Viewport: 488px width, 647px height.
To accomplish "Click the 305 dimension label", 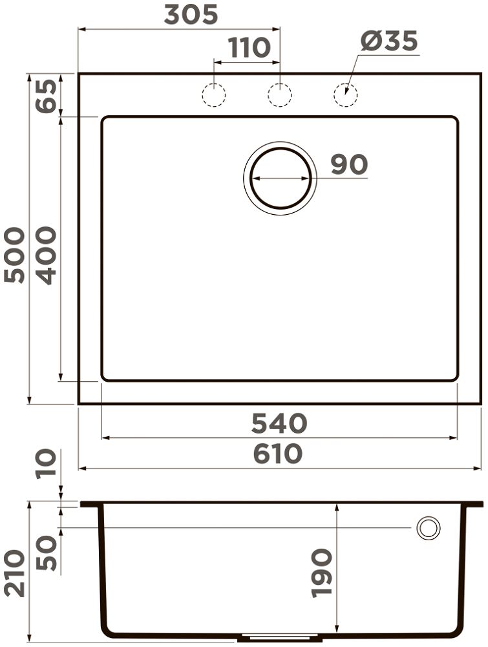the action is click(191, 16).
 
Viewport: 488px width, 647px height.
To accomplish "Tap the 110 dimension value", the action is click(249, 47).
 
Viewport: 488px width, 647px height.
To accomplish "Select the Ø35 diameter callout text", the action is click(389, 41).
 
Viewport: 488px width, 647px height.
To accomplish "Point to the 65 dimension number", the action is click(46, 96).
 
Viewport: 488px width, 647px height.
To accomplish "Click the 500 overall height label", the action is click(14, 255).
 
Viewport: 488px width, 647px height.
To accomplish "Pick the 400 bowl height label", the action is click(46, 256).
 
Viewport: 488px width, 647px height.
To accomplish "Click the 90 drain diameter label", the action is click(349, 164).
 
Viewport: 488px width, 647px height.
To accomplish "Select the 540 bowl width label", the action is click(279, 423).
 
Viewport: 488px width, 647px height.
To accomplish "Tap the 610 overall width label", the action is click(278, 454).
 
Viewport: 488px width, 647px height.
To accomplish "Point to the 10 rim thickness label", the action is click(46, 464).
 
